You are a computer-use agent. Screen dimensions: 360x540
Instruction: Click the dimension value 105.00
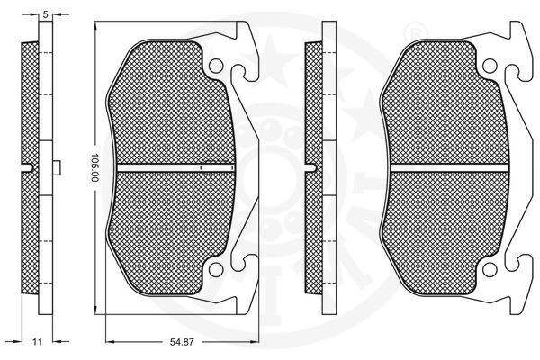pyautogui.click(x=92, y=167)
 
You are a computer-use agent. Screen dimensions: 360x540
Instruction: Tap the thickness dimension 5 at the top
pyautogui.click(x=44, y=12)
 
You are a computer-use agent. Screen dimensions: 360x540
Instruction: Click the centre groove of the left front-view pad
pyautogui.click(x=171, y=167)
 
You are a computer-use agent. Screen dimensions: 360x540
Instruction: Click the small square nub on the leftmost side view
pyautogui.click(x=56, y=167)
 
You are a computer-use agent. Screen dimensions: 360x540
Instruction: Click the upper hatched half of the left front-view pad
pyautogui.click(x=171, y=108)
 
